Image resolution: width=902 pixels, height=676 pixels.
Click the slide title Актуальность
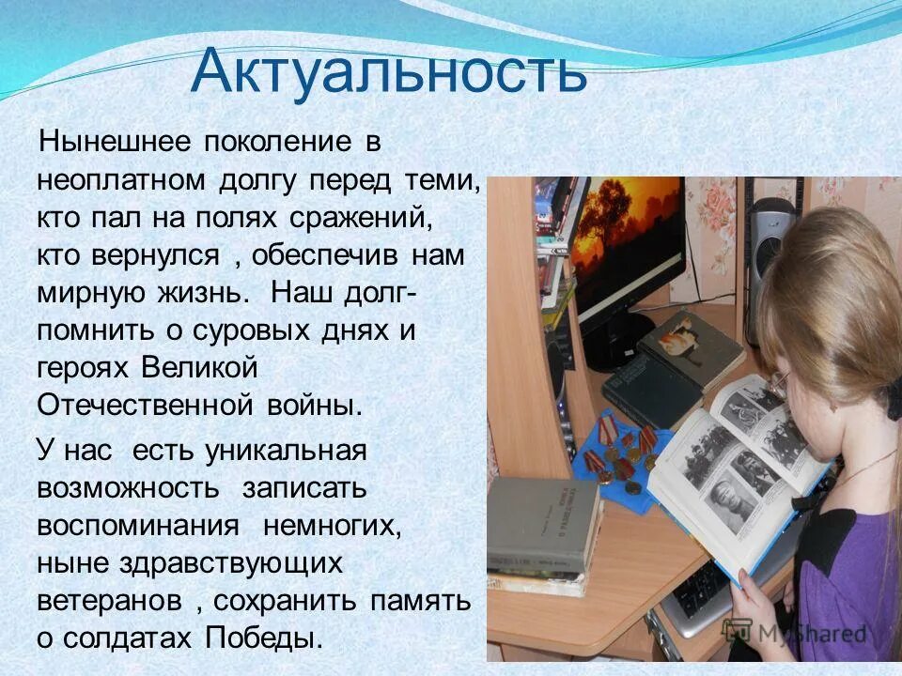point(388,72)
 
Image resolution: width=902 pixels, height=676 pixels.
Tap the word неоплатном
point(120,180)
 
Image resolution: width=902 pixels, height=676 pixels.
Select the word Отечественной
point(144,406)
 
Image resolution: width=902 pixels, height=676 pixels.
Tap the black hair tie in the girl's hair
point(892,399)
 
